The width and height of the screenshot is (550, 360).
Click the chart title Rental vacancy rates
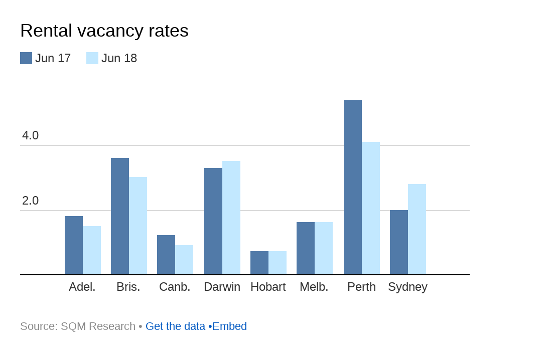pos(104,31)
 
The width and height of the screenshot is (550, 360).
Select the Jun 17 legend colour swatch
pos(26,58)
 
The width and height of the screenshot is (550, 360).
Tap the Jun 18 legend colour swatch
pos(92,58)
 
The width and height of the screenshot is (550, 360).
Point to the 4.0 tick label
pos(30,135)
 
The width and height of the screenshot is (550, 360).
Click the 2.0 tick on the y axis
pos(30,201)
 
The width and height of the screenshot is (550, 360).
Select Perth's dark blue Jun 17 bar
pos(353,187)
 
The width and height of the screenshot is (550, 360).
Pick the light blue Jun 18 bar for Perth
pos(371,208)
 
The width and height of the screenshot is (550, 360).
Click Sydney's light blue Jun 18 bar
pos(417,229)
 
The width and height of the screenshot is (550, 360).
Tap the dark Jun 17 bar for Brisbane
pos(120,216)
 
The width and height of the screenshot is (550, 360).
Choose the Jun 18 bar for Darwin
pos(231,218)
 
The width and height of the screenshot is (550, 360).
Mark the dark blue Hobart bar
pos(259,263)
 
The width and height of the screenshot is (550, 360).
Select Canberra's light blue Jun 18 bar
pos(184,260)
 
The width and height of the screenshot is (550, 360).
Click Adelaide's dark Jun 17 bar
pos(74,245)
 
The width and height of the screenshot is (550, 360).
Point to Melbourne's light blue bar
pos(324,248)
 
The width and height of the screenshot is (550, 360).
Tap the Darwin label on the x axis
pos(222,287)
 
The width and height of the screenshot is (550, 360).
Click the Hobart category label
pos(268,287)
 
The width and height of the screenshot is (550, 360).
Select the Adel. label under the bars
pos(82,287)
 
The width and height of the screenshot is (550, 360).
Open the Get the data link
pos(175,326)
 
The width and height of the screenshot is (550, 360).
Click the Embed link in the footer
pos(230,326)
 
